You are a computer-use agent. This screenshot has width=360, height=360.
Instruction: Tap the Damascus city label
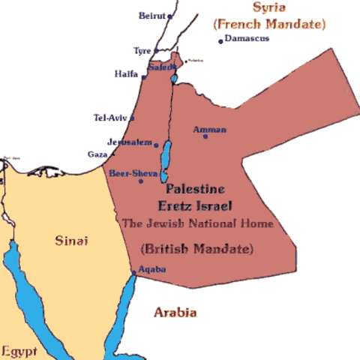[x=247, y=38]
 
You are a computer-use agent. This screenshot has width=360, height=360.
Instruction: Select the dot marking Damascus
[x=220, y=41]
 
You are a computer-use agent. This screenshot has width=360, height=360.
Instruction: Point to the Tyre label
[x=142, y=51]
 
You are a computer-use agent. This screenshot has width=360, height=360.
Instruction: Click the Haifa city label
[x=126, y=74]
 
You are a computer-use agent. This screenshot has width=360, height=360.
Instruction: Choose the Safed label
[x=161, y=67]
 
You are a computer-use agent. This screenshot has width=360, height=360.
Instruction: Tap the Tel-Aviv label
[x=110, y=118]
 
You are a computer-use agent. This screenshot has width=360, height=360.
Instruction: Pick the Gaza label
[x=97, y=154]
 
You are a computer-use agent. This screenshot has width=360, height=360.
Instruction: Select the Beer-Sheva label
[x=133, y=173]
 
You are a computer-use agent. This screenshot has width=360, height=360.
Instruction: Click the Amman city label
[x=209, y=130]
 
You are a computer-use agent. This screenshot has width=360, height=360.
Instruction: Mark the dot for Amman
[x=205, y=136]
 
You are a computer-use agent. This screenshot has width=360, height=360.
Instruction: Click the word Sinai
[x=72, y=241]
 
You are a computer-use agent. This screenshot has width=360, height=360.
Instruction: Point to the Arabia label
[x=175, y=312]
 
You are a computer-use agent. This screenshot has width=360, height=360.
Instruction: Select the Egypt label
[x=19, y=350]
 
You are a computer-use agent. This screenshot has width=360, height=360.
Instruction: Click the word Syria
[x=270, y=8]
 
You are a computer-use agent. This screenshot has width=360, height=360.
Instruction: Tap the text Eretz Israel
[x=194, y=205]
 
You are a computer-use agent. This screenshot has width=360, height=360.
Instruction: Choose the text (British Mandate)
[x=196, y=248]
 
